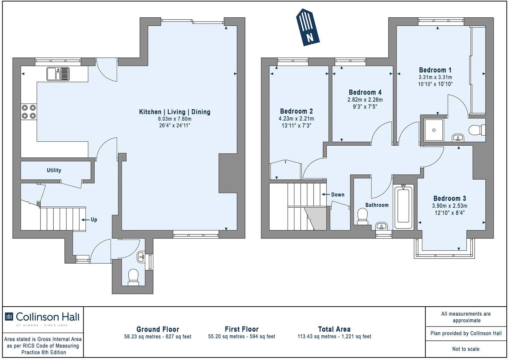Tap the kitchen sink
[x=58, y=74]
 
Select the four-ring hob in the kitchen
[x=28, y=112]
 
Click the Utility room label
[x=54, y=170]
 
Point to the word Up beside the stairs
[x=94, y=220]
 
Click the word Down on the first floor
[x=337, y=194]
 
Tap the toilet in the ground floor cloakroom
[x=133, y=277]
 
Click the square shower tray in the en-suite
[x=433, y=130]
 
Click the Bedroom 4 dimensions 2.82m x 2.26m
[x=365, y=100]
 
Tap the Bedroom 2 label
[x=296, y=111]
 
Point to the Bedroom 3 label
[x=449, y=199]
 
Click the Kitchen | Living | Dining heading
[x=174, y=112]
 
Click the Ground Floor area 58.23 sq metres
[x=157, y=337]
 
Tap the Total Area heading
[x=334, y=329]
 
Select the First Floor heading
[x=242, y=329]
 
